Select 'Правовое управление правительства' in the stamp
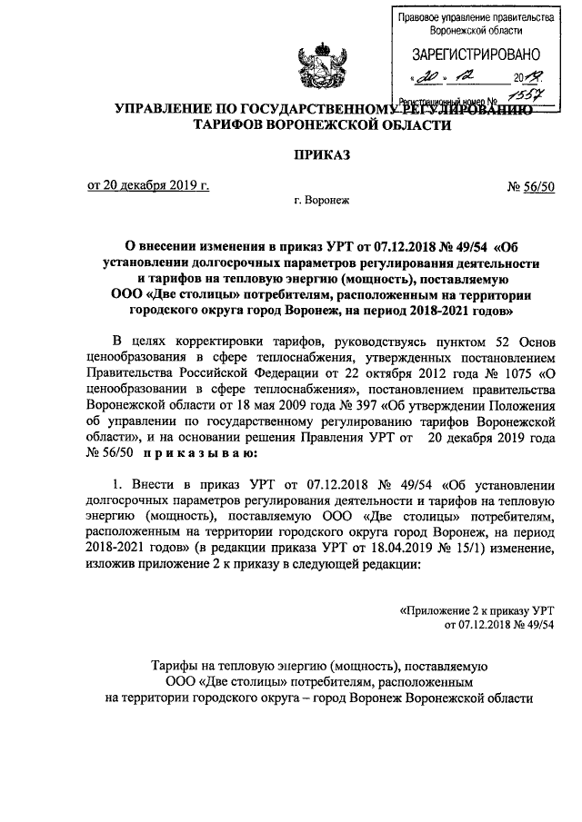(x=477, y=17)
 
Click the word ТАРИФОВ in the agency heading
(x=240, y=125)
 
